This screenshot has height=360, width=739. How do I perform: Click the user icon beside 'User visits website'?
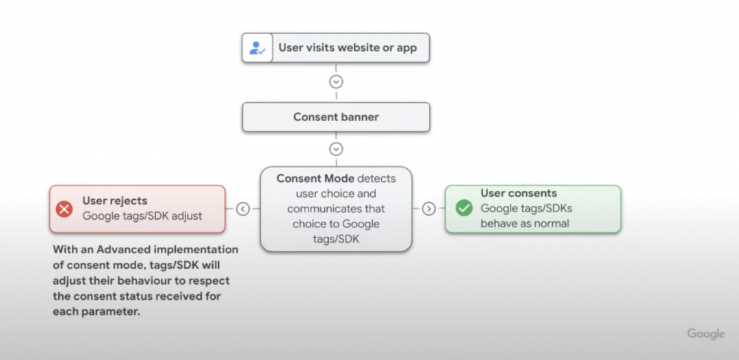click(257, 48)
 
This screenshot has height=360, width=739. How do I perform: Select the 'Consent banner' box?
click(336, 117)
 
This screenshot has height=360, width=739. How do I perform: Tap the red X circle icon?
click(64, 209)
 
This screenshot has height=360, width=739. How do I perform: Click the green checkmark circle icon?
click(464, 208)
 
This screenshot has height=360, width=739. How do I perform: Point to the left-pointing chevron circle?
click(243, 209)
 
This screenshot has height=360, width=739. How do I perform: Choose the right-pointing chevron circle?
click(428, 208)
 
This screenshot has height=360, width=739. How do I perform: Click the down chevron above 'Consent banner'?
click(336, 81)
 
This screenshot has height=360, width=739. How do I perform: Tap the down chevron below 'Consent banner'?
click(336, 149)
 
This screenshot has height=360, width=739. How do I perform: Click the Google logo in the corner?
click(705, 334)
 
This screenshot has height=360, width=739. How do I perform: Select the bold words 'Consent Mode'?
click(315, 179)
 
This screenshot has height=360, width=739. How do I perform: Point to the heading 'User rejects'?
click(115, 201)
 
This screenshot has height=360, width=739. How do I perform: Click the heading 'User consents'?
click(519, 193)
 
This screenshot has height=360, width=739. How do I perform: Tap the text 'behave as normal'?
click(525, 223)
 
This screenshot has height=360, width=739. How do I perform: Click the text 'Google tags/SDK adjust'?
click(142, 216)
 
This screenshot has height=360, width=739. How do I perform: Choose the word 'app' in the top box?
click(406, 49)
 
